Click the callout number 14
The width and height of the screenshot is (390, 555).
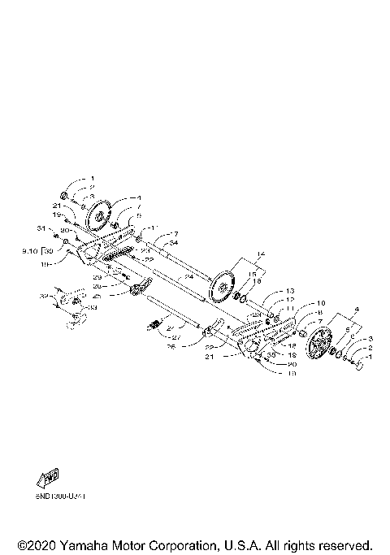point(260,254)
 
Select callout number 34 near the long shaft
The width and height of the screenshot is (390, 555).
point(173,243)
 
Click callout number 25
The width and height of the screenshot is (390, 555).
point(120,296)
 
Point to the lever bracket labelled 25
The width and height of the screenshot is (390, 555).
point(141,286)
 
